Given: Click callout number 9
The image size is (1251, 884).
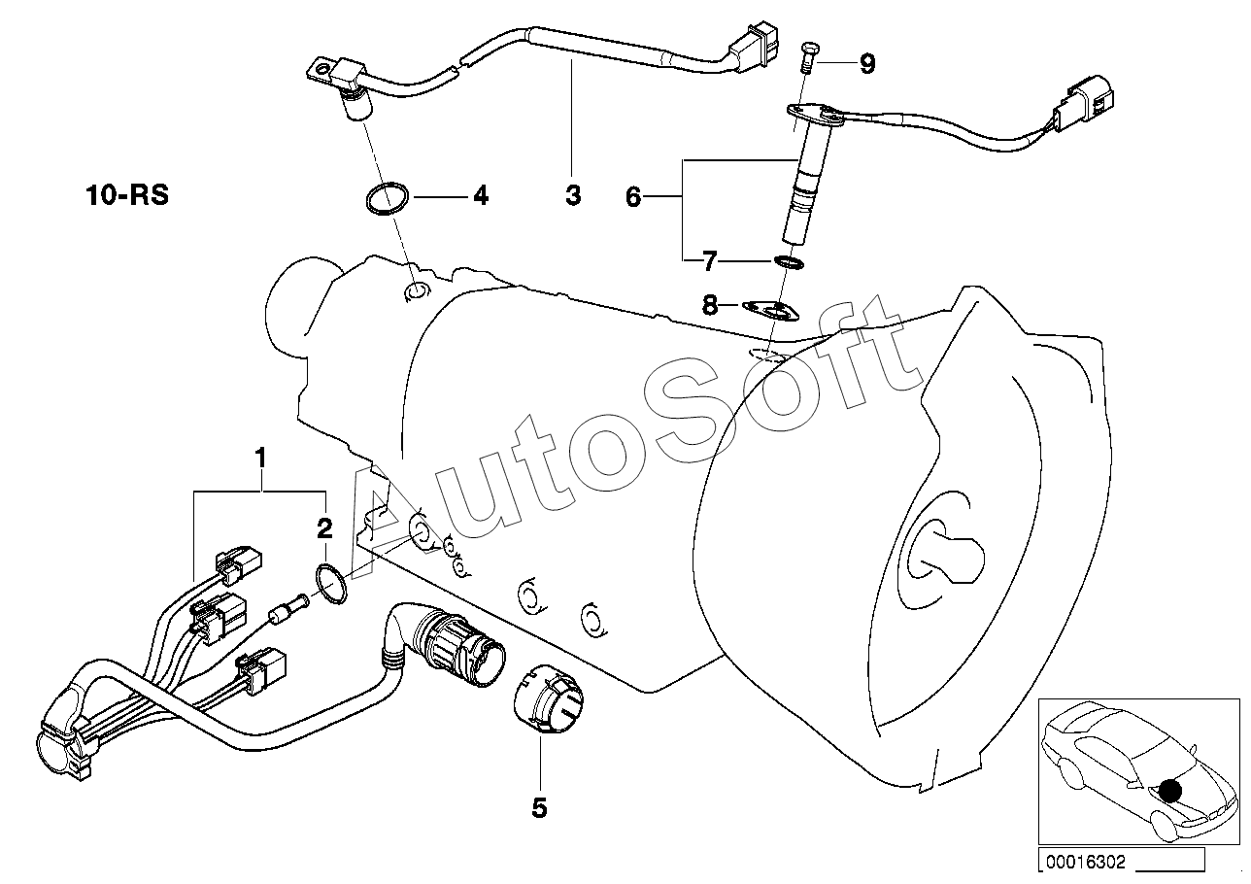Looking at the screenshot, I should click(866, 64).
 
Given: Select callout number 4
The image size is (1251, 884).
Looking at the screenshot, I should click(479, 196).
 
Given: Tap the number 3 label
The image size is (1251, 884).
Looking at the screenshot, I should click(573, 196).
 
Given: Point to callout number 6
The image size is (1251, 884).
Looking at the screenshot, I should click(633, 198).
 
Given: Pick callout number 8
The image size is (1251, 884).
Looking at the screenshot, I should click(710, 307).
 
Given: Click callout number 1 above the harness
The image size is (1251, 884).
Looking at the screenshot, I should click(259, 455).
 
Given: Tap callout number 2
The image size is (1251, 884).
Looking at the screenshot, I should click(324, 528).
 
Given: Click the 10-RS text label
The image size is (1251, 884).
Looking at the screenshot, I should click(125, 195).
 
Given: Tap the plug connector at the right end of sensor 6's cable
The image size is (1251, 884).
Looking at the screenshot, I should click(1089, 106).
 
